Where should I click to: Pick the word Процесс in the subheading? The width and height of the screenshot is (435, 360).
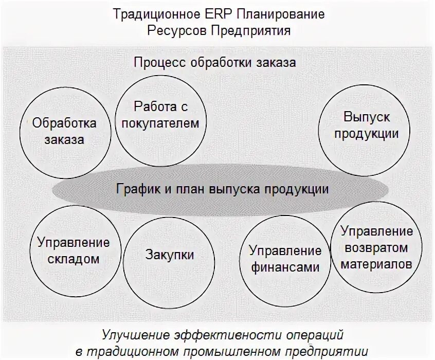[160, 63]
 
